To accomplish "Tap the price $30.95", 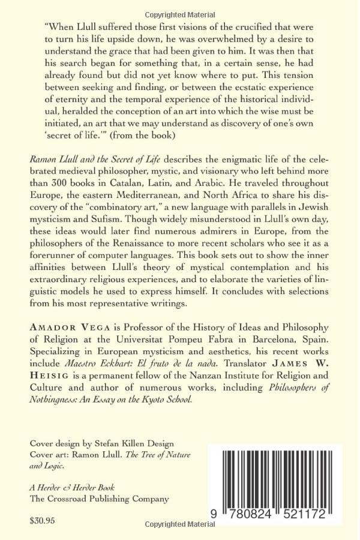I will pos(43,521).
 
